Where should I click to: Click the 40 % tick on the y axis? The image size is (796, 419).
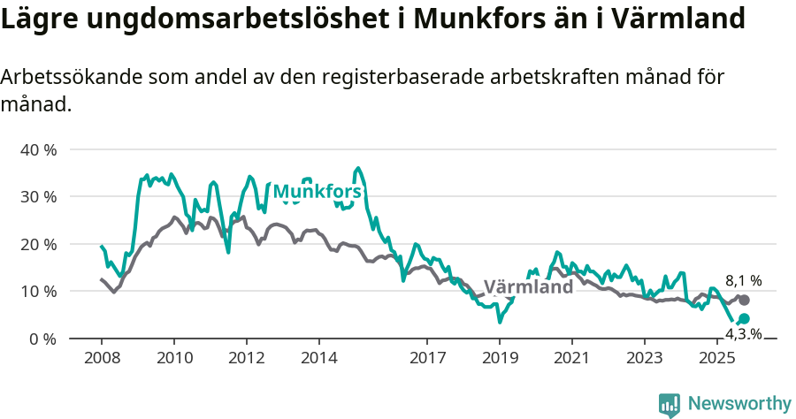click(38, 149)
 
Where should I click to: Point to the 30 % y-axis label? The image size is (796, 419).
click(38, 196)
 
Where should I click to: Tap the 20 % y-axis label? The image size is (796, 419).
click(38, 244)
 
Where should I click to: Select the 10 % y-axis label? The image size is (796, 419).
click(38, 291)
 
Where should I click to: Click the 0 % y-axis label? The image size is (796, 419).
click(42, 339)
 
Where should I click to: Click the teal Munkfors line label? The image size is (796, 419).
click(317, 192)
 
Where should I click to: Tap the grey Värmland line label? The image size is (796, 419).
click(528, 287)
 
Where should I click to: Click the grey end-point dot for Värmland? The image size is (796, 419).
click(744, 301)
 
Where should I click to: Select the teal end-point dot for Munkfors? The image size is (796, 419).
click(744, 318)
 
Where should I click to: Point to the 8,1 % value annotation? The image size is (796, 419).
click(743, 281)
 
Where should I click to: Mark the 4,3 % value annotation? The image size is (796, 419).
click(743, 333)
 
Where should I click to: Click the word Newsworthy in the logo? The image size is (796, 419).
click(739, 404)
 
